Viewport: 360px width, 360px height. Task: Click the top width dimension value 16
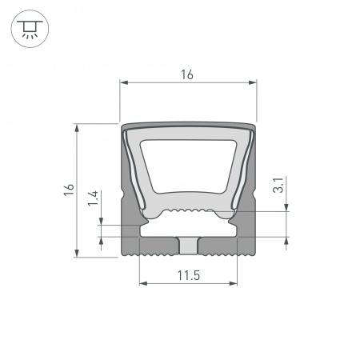[x=188, y=74]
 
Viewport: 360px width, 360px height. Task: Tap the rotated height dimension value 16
[x=70, y=190]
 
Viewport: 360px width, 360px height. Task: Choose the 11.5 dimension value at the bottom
[x=188, y=276]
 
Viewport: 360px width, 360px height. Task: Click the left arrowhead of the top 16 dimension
[x=124, y=82]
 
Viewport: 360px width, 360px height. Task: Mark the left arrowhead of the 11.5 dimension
[x=143, y=283]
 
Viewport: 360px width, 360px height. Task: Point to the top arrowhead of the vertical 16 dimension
[x=77, y=127]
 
